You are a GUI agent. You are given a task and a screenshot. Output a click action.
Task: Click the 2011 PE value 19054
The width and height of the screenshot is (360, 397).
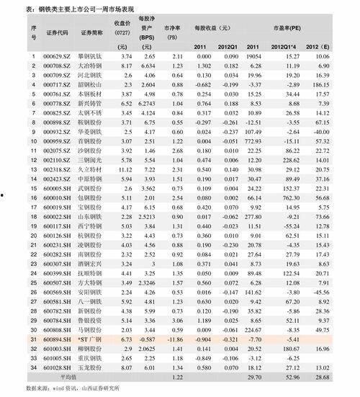(253, 55)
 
